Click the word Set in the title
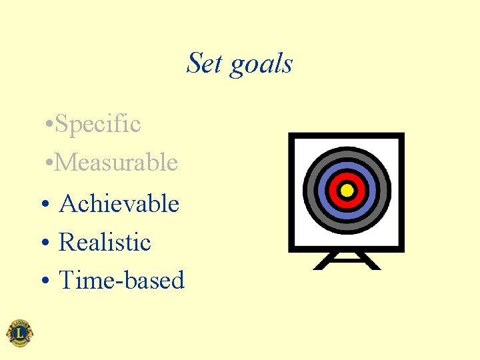(205, 63)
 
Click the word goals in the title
(261, 65)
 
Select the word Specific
(98, 124)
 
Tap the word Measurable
(117, 162)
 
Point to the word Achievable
(119, 203)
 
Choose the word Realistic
(105, 242)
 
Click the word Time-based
(121, 281)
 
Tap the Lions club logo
(19, 333)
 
